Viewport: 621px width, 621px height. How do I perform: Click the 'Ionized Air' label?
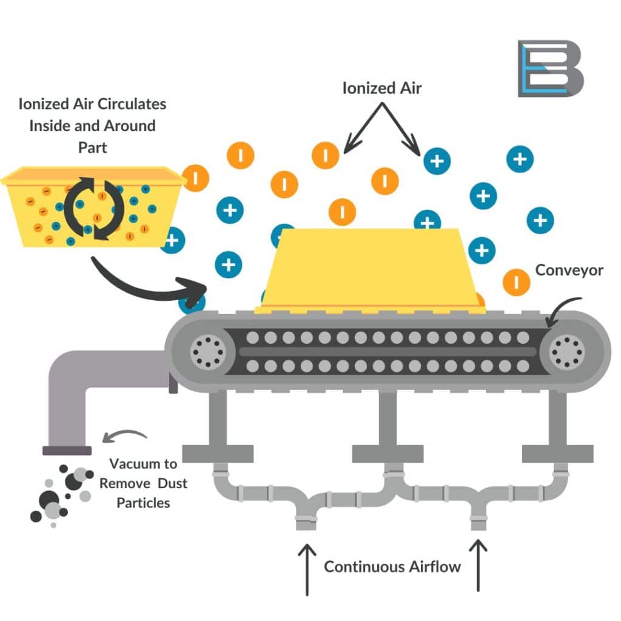382,88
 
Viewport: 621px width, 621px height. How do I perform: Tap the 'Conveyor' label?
569,270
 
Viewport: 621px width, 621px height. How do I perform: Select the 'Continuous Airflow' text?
392,567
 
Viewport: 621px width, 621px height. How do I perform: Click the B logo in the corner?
550,69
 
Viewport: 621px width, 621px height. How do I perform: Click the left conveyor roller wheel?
207,351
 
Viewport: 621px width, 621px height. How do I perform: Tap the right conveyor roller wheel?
566,351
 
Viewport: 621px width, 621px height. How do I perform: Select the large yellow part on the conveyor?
371,270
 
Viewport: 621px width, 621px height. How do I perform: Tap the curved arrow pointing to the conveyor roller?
564,309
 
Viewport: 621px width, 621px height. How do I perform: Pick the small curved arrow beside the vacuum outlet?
124,435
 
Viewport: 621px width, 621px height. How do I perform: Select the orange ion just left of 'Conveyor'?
516,281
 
